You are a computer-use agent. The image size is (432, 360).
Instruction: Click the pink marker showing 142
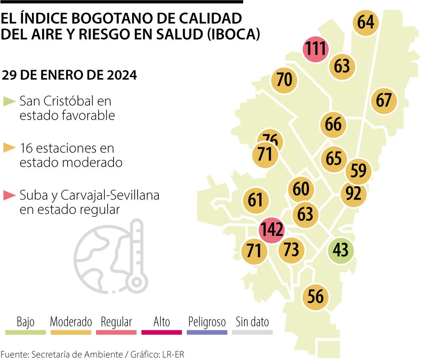point(272,230)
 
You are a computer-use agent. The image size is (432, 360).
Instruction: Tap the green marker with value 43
point(341,250)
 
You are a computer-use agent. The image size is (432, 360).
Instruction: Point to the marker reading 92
point(353,194)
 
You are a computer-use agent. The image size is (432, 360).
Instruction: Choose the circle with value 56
point(316,297)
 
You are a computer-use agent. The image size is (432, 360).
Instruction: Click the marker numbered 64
point(366,22)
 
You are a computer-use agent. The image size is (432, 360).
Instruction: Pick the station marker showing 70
point(284,80)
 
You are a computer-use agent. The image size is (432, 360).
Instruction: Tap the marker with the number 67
point(384,100)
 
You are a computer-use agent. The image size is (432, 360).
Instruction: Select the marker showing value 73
point(291,250)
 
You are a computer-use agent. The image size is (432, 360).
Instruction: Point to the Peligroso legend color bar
point(207,332)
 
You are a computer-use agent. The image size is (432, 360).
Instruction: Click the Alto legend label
point(162,322)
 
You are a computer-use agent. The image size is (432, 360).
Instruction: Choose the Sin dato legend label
point(252,322)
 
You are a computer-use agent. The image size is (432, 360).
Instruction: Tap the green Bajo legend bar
point(25,332)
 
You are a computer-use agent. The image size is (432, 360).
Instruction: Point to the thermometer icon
point(136,256)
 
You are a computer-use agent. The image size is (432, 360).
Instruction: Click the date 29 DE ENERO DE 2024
point(69,75)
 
